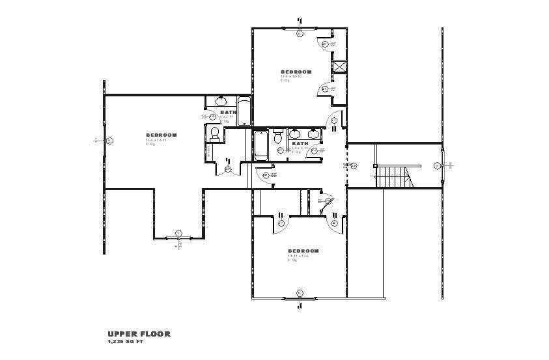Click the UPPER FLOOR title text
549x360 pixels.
tap(139, 333)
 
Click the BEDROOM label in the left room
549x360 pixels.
tap(162, 135)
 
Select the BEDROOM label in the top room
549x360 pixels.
tap(296, 72)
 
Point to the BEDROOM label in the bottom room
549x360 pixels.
tap(303, 251)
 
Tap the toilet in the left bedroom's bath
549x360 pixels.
tap(214, 133)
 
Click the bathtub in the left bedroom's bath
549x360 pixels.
tap(244, 111)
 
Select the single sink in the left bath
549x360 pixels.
tap(220, 102)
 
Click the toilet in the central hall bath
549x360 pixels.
tap(277, 137)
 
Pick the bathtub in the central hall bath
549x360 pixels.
tap(260, 146)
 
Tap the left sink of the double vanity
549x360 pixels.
tap(294, 133)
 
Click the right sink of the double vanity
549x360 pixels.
tap(314, 133)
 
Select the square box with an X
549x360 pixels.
tap(339, 66)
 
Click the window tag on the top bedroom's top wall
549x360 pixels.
tap(300, 33)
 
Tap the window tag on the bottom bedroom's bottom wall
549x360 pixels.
tap(300, 293)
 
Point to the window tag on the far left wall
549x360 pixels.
tap(109, 140)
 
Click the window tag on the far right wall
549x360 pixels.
tap(436, 166)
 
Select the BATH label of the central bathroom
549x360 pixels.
tap(300, 143)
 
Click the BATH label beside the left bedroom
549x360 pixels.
tap(229, 112)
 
